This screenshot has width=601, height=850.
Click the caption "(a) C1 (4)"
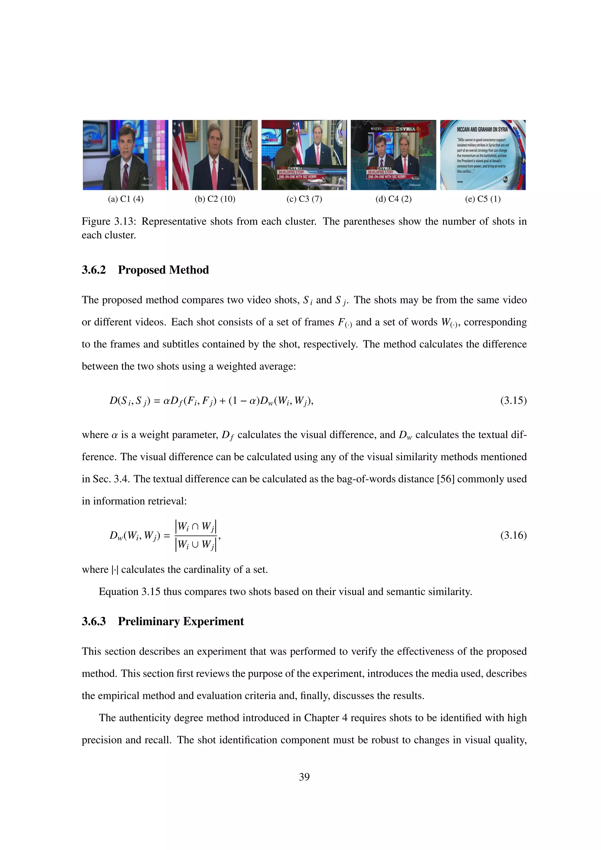(126, 199)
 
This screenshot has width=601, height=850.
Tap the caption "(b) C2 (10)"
(215, 199)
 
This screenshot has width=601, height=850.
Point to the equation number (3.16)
(513, 535)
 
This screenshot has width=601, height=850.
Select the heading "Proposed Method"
(163, 270)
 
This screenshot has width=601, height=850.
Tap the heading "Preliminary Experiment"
(180, 621)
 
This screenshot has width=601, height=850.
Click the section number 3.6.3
(94, 621)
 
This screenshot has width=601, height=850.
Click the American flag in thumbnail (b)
(180, 156)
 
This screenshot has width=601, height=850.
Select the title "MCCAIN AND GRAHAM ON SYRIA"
(482, 129)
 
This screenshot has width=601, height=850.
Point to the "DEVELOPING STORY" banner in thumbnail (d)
(380, 172)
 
